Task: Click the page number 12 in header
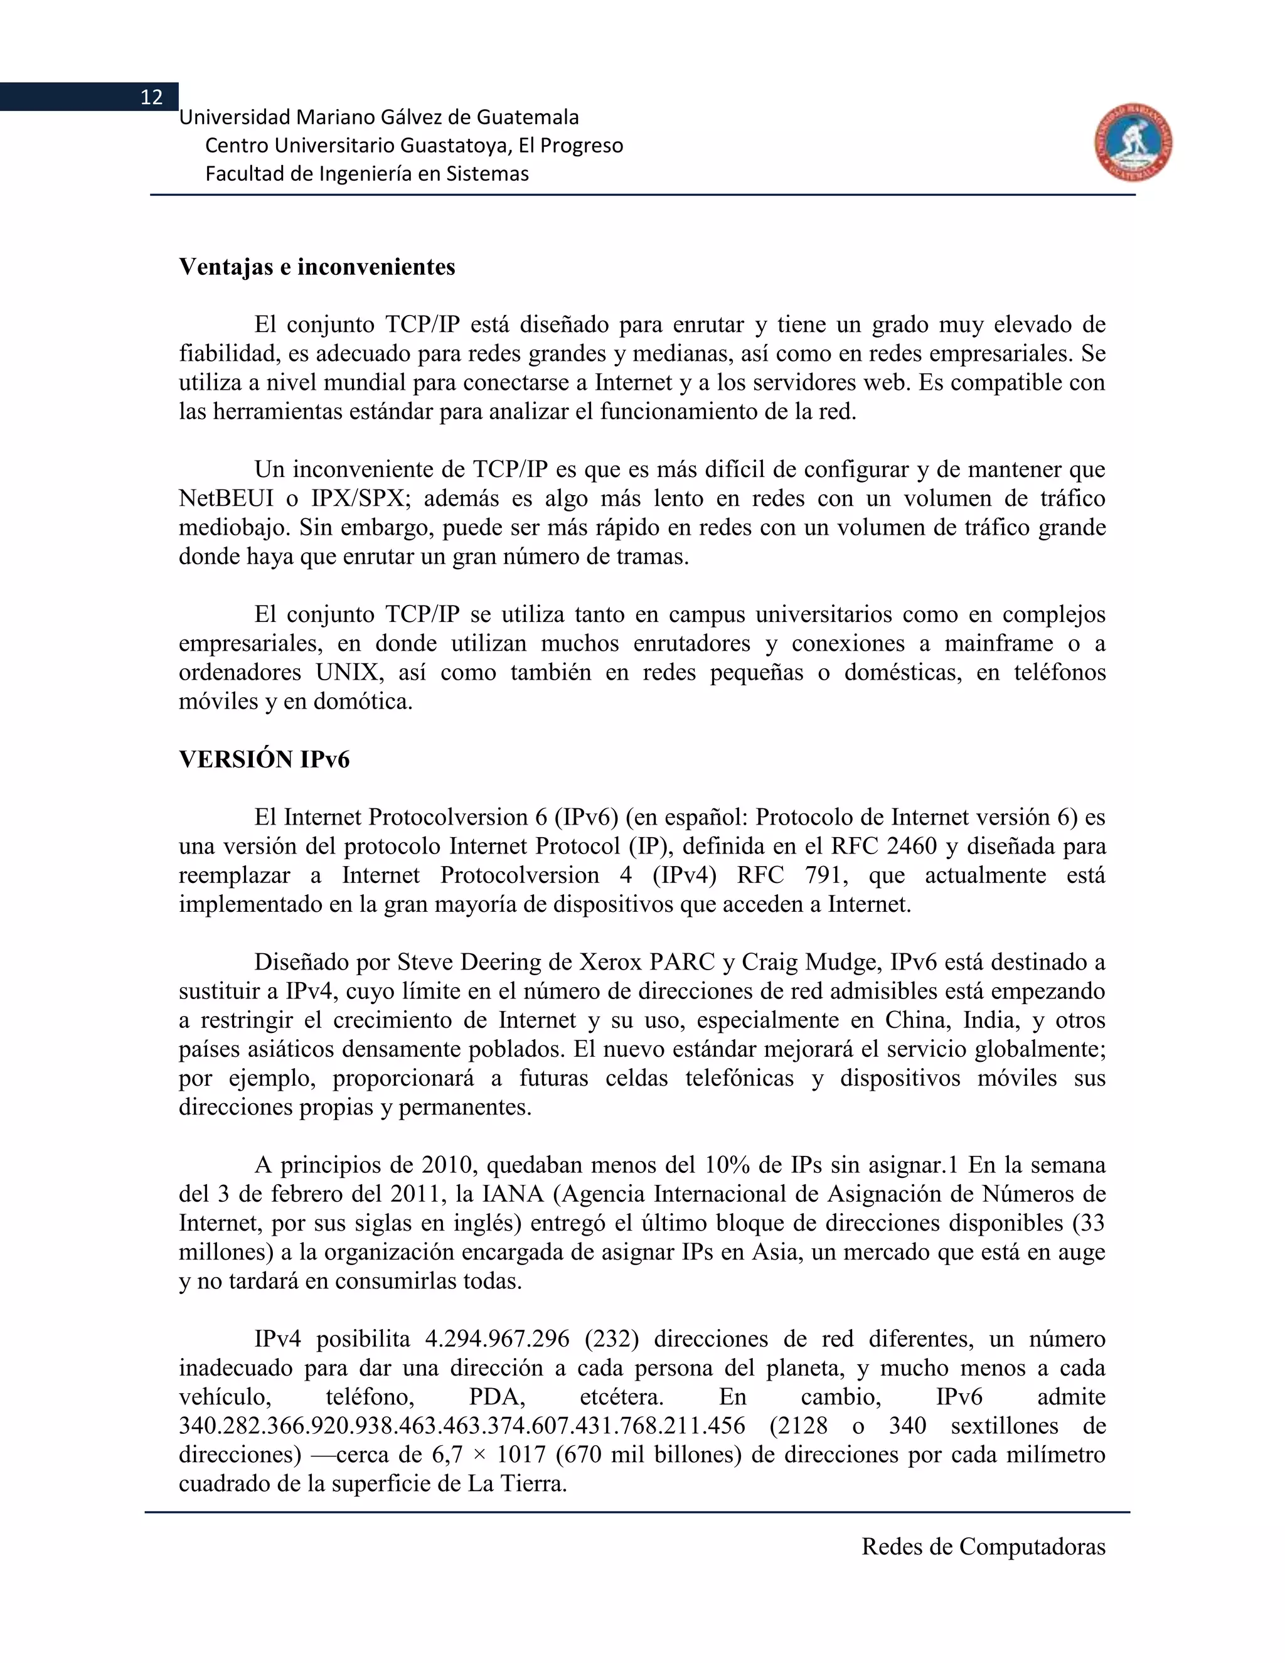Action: (x=151, y=97)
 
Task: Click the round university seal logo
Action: (x=1134, y=143)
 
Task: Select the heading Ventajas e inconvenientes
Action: (x=317, y=267)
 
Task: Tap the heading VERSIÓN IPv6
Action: (x=264, y=760)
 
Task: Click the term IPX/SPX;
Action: (x=361, y=499)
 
